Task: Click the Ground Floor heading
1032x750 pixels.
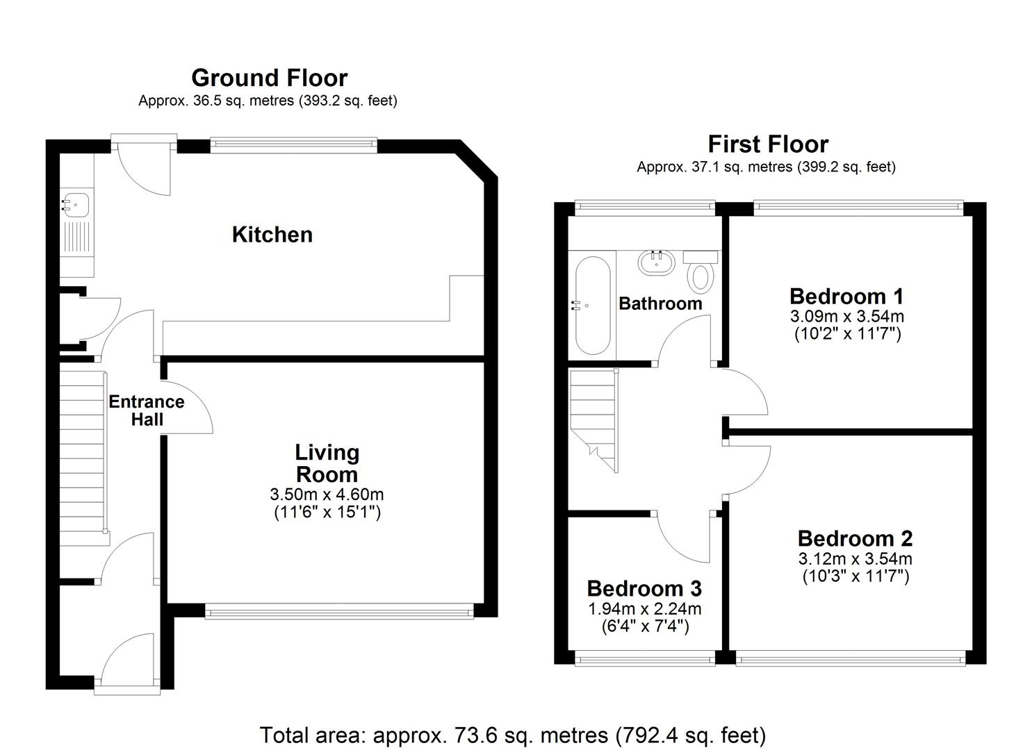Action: pos(270,78)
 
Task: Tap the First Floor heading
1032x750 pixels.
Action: pos(768,144)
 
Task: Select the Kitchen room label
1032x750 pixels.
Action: pos(272,235)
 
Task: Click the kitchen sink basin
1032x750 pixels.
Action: pos(76,204)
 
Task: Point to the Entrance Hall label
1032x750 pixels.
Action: pos(147,410)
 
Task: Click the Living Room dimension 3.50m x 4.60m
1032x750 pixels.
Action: pos(327,495)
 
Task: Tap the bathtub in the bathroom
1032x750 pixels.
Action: pos(593,305)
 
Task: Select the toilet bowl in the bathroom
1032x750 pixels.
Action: pos(700,278)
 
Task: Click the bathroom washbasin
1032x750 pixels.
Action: pos(657,263)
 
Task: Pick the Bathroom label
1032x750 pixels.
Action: pos(660,304)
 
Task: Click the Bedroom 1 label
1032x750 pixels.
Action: pos(846,297)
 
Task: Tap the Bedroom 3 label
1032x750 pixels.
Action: pos(644,589)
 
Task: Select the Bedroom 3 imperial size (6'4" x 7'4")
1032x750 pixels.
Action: pos(645,626)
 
